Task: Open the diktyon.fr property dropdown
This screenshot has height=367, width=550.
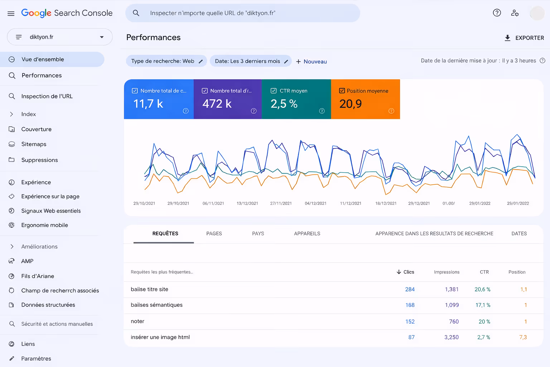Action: click(60, 37)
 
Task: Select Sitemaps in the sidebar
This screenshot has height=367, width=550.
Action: click(34, 144)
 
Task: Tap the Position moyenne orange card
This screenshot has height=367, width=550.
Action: click(365, 99)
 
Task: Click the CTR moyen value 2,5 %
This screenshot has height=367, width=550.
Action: click(284, 104)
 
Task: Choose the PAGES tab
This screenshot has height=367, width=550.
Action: click(214, 234)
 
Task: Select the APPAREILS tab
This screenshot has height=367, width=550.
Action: click(307, 234)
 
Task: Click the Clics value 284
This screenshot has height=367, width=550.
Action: click(410, 290)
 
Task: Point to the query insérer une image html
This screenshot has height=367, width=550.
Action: click(160, 337)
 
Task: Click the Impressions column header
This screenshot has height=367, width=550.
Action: click(447, 272)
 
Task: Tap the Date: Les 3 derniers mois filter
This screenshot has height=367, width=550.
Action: click(251, 61)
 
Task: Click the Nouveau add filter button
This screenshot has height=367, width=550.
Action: click(312, 62)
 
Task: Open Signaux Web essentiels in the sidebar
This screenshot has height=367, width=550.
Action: click(51, 211)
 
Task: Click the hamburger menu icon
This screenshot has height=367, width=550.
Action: click(11, 14)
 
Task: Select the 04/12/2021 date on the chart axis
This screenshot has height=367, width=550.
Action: click(315, 204)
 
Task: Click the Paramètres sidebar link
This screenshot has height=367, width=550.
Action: click(36, 358)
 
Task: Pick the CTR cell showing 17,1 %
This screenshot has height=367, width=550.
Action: click(483, 305)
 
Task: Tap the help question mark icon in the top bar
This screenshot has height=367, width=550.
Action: click(497, 13)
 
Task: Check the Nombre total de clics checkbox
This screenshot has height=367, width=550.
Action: click(135, 91)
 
